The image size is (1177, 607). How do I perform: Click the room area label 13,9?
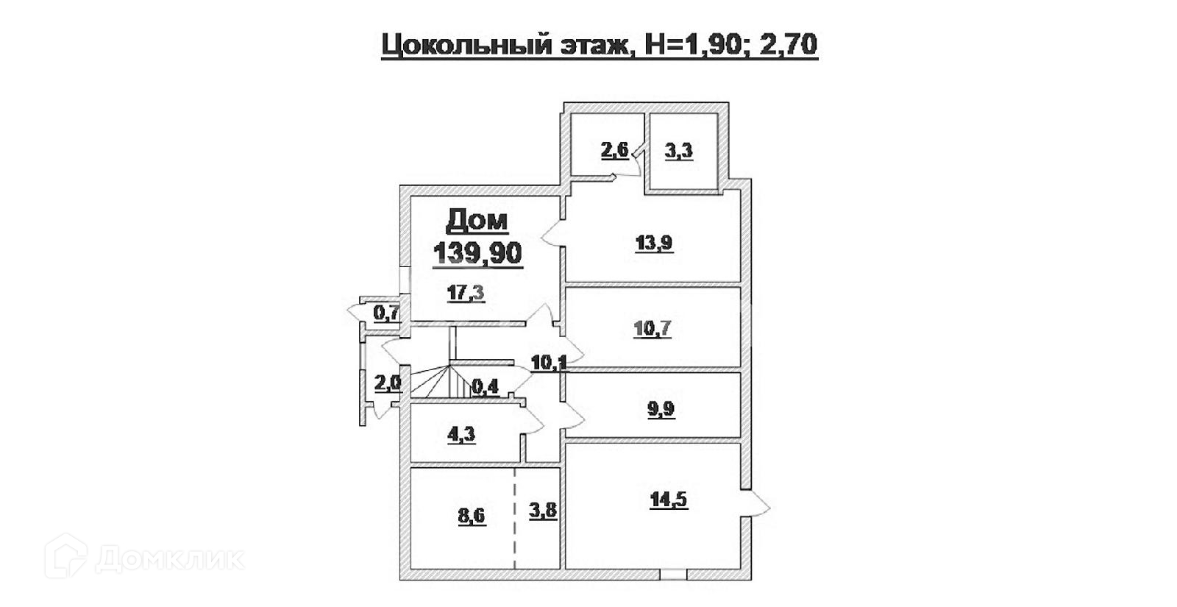pos(653,243)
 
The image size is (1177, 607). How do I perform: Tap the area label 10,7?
pos(652,327)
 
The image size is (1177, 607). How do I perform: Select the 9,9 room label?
pos(661,410)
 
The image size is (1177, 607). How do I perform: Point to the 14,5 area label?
pos(668,500)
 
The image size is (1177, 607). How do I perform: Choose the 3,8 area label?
pos(542,510)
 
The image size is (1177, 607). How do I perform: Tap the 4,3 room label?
pos(461,434)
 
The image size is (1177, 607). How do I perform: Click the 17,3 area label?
pos(466,294)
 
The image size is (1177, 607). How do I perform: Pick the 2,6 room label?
pos(615,151)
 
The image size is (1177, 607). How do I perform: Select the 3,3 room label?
pos(678,152)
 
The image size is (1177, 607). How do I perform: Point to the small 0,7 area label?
pos(387,313)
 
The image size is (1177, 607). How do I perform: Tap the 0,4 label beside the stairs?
pos(485,386)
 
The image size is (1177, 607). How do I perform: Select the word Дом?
pos(477,220)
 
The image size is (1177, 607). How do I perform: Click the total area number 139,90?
pos(477,252)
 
